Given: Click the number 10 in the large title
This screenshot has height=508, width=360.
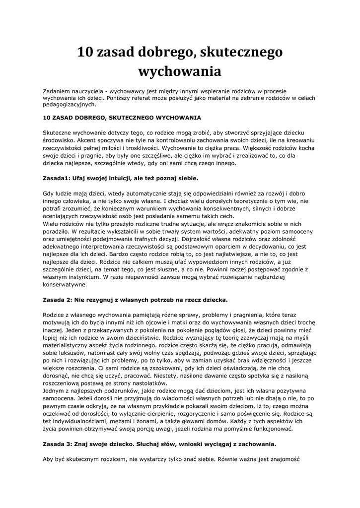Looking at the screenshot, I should (x=87, y=52).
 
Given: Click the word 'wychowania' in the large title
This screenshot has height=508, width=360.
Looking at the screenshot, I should (x=179, y=71).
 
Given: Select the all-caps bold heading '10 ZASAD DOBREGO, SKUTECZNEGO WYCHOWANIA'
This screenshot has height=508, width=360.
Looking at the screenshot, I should (x=122, y=118).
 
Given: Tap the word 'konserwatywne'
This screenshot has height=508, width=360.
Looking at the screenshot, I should (x=66, y=285).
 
